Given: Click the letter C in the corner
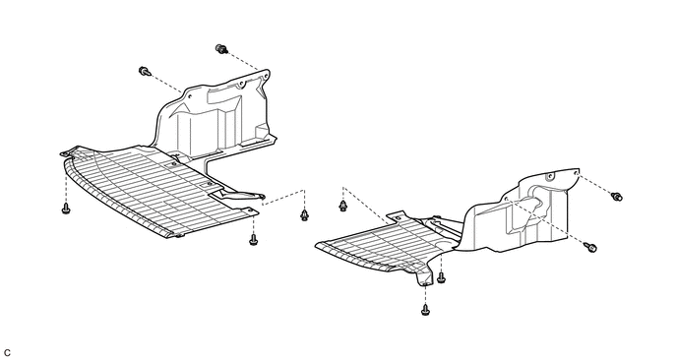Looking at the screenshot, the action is click(x=7, y=353).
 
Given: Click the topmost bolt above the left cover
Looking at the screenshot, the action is click(x=221, y=49).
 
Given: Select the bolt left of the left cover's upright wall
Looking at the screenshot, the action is click(x=145, y=72).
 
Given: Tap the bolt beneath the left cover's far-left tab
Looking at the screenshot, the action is click(x=66, y=209).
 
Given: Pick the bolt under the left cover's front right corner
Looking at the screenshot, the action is click(x=254, y=239).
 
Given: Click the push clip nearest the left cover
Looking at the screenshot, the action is click(x=304, y=214).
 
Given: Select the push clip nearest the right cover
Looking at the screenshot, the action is click(x=342, y=206).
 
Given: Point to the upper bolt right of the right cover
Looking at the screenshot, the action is click(x=617, y=197).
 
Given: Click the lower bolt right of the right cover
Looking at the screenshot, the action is click(x=590, y=247).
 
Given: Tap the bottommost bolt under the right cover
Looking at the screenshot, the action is click(x=425, y=309).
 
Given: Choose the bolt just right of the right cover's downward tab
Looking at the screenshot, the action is click(x=441, y=277).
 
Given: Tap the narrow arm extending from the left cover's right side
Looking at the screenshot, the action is click(x=237, y=195).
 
